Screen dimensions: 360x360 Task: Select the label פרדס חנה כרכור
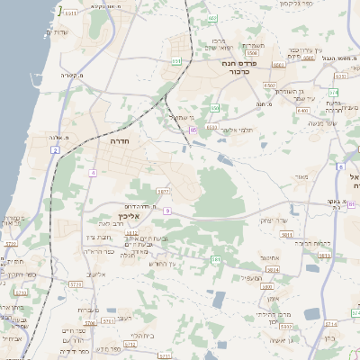[x=241, y=65]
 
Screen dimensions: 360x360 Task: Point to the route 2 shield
[x=55, y=150]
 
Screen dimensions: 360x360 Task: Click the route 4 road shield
[x=93, y=172]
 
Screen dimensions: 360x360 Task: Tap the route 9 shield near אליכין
[x=166, y=211]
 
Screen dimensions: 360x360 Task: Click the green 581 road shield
[x=216, y=260]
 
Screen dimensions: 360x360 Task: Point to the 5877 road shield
[x=163, y=191]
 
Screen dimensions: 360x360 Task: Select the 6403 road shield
[x=303, y=110]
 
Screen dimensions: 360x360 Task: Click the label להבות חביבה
[x=313, y=243]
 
